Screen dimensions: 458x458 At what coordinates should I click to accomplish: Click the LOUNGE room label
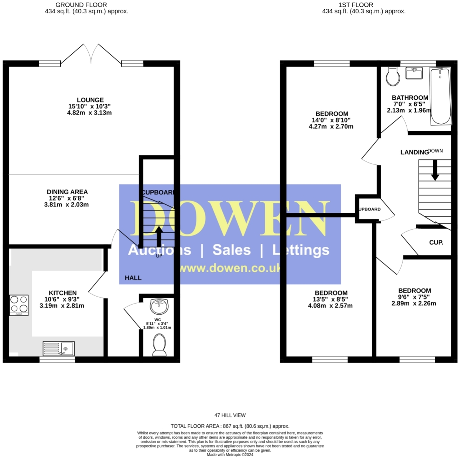(x=90, y=100)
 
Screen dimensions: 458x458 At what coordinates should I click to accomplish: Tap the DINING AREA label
(x=67, y=192)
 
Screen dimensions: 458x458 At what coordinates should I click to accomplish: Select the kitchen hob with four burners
(x=19, y=305)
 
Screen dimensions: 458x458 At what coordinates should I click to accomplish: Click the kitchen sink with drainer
(x=59, y=348)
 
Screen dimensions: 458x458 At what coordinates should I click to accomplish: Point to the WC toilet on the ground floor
(x=160, y=345)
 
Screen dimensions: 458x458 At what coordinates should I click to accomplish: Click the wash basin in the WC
(x=159, y=306)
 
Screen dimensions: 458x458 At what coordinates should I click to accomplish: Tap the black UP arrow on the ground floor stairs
(x=159, y=237)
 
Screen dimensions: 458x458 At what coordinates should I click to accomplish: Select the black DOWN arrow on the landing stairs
(x=435, y=170)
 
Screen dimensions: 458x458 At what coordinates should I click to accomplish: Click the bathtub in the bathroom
(x=441, y=96)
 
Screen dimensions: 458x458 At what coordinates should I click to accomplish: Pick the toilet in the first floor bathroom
(x=393, y=76)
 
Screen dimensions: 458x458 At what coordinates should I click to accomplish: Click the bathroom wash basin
(x=414, y=73)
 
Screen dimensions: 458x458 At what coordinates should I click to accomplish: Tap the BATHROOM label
(x=410, y=98)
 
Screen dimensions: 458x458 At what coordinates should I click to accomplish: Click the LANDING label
(x=414, y=152)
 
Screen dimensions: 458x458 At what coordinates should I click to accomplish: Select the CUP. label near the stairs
(x=436, y=243)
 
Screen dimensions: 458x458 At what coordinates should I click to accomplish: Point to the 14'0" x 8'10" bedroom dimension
(x=331, y=120)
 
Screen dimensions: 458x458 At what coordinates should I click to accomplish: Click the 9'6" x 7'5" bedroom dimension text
(x=414, y=297)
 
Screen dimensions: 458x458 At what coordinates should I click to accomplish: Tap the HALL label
(x=133, y=278)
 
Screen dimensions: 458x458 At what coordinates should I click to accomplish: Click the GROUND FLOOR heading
(x=81, y=5)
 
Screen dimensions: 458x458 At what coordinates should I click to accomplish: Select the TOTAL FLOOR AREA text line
(x=230, y=426)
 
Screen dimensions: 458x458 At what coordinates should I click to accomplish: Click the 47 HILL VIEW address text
(x=230, y=415)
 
